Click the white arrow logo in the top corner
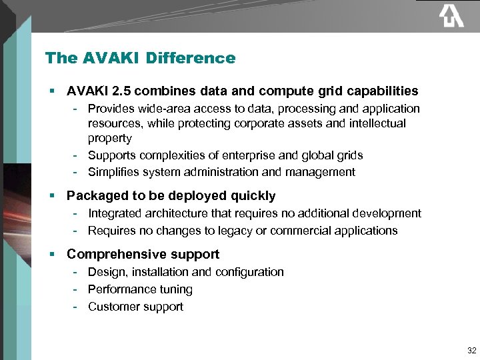point(451,16)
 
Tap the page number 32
point(472,351)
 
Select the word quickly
point(253,196)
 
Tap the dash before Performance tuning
point(76,289)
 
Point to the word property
point(110,139)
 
